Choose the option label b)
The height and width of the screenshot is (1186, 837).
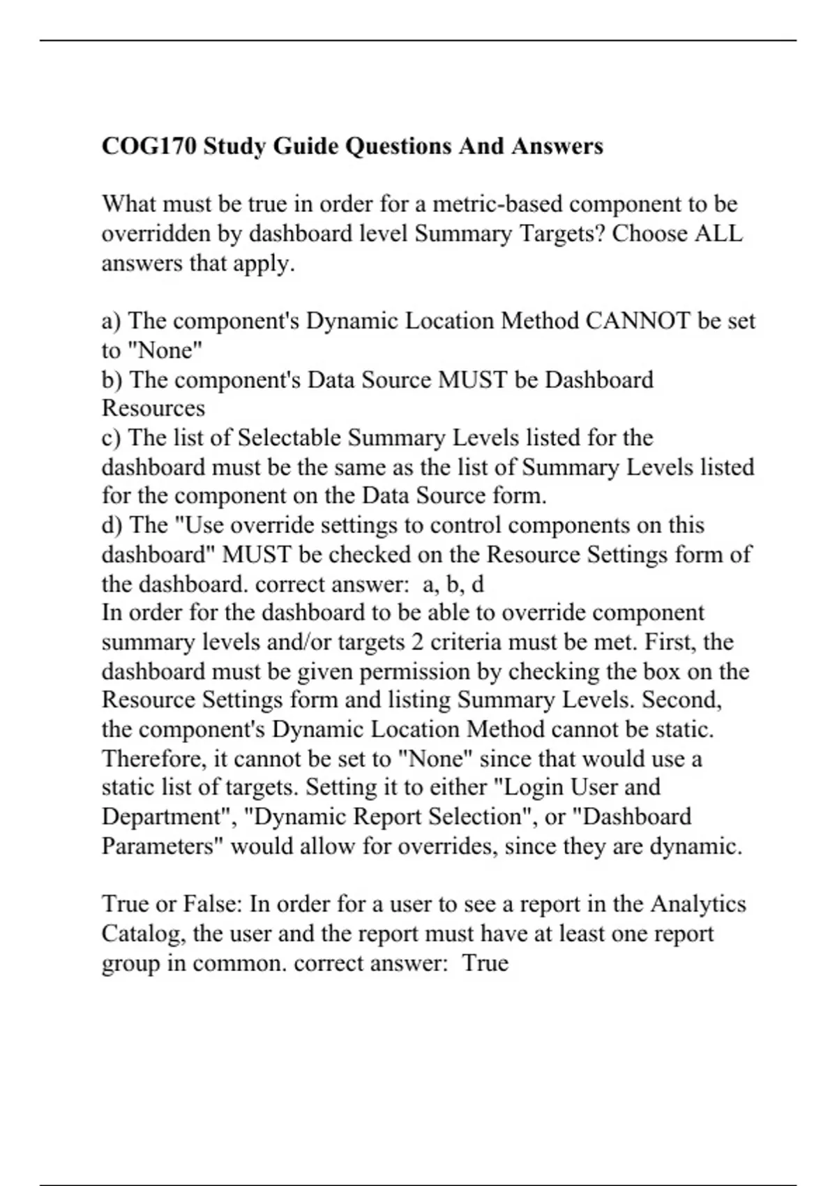(x=112, y=380)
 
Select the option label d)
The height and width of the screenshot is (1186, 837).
(x=112, y=525)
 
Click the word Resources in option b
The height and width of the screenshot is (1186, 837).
(x=153, y=408)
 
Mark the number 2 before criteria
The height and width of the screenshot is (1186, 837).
(x=416, y=642)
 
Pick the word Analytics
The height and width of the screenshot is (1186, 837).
(x=698, y=904)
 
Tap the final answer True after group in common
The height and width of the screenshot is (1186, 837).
(x=485, y=963)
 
